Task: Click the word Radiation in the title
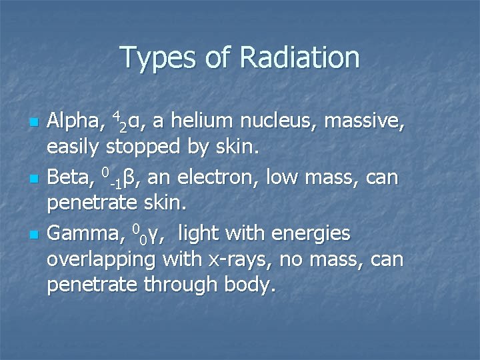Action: click(299, 57)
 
